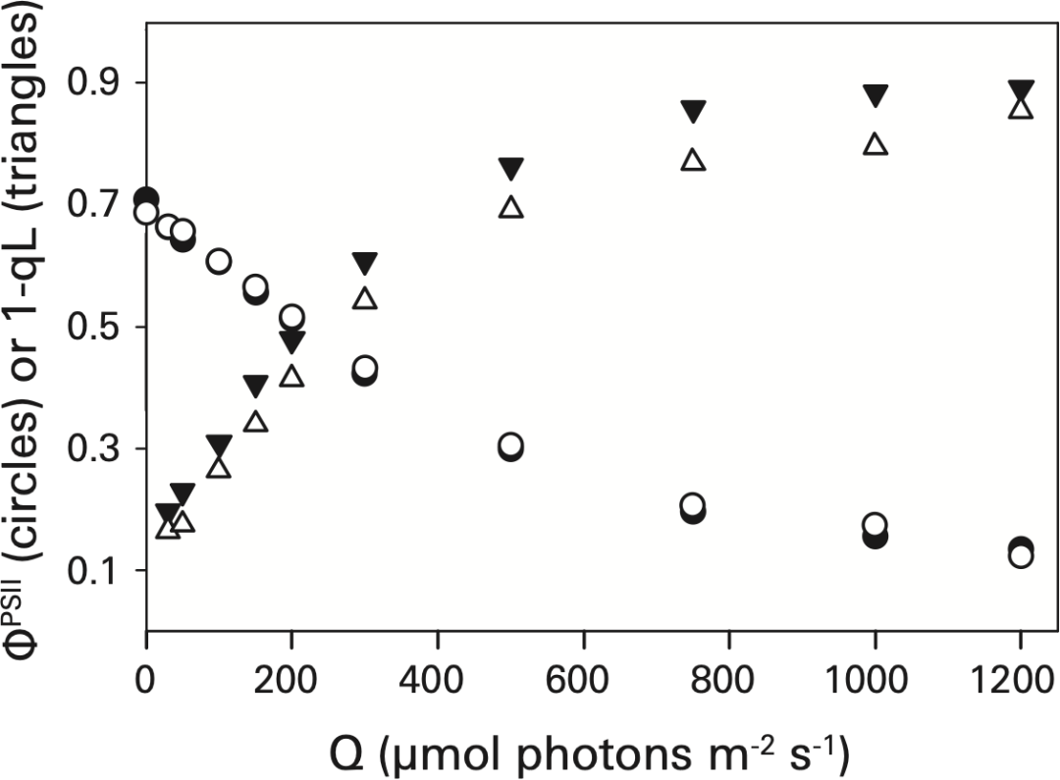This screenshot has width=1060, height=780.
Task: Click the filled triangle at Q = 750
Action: coord(694,111)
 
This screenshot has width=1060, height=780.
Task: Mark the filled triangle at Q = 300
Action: coord(365,263)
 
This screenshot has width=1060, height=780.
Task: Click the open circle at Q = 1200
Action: coord(1021,556)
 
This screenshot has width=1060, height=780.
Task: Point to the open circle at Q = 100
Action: coord(219,261)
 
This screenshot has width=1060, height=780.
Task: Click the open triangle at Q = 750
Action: coord(694,160)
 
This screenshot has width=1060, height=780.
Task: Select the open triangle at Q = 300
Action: coord(365,298)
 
